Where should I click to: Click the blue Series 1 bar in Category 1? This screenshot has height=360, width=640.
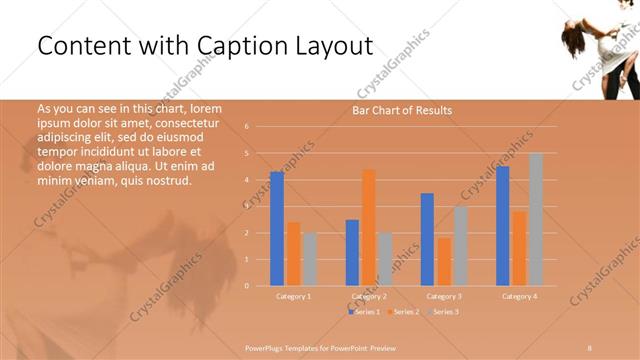point(277,229)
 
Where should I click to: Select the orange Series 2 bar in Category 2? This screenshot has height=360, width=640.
point(369,227)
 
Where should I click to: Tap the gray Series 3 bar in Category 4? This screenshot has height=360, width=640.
point(536,219)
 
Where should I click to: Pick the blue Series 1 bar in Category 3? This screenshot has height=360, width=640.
point(427,239)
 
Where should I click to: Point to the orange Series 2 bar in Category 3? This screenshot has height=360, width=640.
point(444,261)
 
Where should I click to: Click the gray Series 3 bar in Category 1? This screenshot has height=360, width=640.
point(310,259)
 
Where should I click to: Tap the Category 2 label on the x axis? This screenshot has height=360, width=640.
point(369,296)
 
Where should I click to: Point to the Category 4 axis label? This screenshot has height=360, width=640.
point(519,296)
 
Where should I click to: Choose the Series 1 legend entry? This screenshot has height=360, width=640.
point(364,312)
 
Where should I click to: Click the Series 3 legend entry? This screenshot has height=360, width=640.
point(442,312)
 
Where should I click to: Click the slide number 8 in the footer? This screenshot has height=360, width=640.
point(590,346)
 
